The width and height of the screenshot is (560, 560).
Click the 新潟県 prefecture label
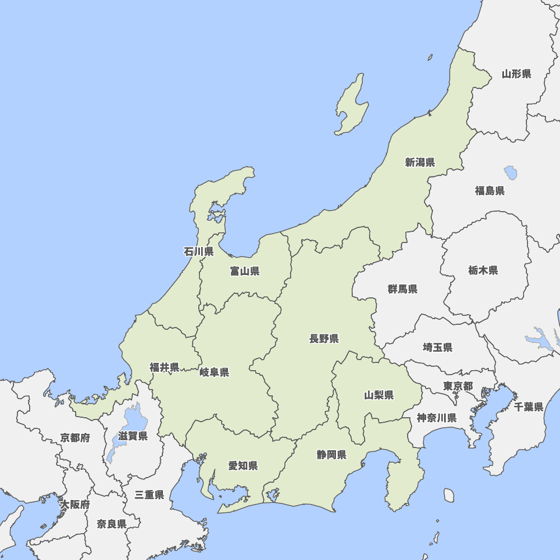420,162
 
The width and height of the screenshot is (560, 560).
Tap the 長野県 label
324,338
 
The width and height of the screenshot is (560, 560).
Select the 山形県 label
516,73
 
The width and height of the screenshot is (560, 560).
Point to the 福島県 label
489,190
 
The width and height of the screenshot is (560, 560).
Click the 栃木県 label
483,270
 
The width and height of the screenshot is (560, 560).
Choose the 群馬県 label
402,289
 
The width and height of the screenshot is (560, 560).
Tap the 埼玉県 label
437,347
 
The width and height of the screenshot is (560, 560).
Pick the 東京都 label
458,386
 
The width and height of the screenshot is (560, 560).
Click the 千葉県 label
529,407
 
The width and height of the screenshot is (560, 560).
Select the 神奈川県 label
436,418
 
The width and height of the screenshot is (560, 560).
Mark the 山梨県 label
379,395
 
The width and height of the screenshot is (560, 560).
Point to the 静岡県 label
331,454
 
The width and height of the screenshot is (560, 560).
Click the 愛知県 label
242,465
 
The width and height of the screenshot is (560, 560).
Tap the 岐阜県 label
214,372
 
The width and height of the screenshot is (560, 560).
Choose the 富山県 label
244,271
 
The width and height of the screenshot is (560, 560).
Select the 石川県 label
198,251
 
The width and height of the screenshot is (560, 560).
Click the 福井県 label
164,367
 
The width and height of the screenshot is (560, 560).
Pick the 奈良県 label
111,524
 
